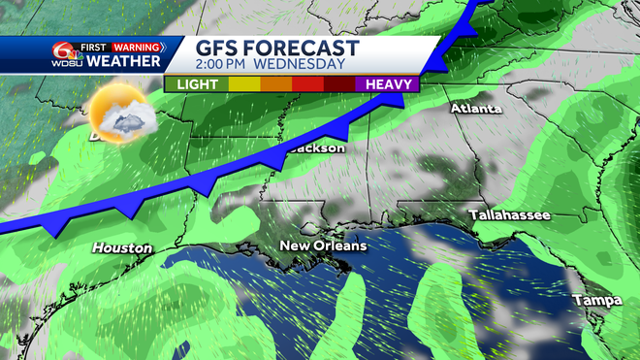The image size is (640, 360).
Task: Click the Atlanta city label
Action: pyautogui.click(x=475, y=109)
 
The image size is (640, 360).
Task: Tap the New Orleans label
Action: pyautogui.click(x=323, y=246)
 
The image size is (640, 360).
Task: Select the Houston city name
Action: pyautogui.click(x=122, y=248)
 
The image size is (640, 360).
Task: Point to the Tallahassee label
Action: pyautogui.click(x=509, y=214)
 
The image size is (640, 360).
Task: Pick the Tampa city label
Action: pyautogui.click(x=596, y=301)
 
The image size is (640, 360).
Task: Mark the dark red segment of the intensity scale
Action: pyautogui.click(x=339, y=84)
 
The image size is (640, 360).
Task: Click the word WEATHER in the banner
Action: pyautogui.click(x=123, y=62)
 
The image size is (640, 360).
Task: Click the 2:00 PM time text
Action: pyautogui.click(x=225, y=65)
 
